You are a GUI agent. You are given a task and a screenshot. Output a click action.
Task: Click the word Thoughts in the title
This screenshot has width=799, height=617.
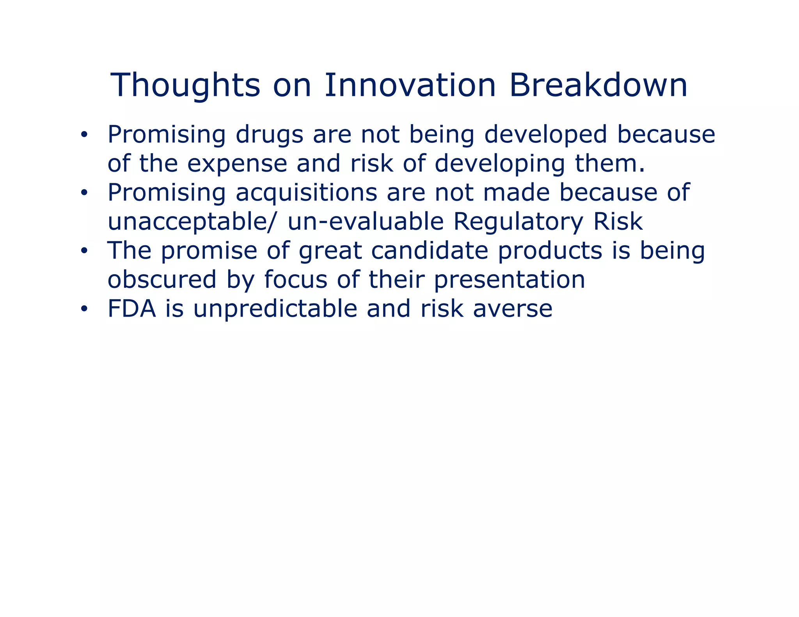point(185,86)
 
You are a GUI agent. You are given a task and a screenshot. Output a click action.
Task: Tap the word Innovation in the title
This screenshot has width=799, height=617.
point(410,85)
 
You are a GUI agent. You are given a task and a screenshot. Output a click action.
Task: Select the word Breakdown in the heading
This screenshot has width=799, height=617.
point(598,85)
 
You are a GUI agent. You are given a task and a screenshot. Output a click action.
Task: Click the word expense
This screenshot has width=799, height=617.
point(237,164)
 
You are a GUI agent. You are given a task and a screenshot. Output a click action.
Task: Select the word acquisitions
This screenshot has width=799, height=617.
point(306,193)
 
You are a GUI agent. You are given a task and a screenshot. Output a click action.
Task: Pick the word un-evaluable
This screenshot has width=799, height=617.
point(366,222)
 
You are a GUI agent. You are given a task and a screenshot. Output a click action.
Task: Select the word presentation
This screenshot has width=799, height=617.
point(509,280)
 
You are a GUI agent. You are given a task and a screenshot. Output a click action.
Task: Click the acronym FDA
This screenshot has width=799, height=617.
point(131,309)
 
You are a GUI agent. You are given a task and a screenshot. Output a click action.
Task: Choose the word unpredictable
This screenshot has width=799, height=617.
point(275,309)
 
